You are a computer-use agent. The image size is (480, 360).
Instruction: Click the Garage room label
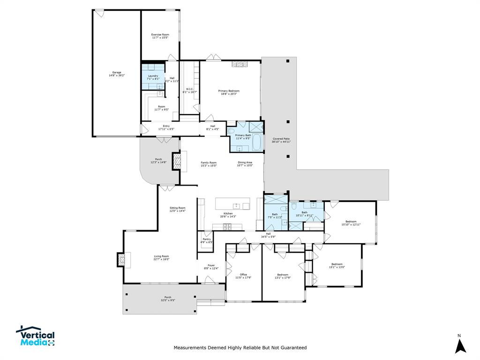coord(116,74)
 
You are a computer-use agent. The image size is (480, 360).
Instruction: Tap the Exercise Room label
coord(160,36)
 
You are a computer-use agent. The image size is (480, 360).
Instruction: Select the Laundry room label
coord(153,77)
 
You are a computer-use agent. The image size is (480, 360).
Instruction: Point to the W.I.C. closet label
coord(190,90)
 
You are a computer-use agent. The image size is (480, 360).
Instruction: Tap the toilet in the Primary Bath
coord(232,131)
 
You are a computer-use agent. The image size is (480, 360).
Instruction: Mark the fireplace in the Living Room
coord(121,260)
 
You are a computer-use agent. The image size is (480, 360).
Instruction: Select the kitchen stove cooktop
coord(227,227)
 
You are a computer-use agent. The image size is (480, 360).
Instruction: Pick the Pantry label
coord(206,240)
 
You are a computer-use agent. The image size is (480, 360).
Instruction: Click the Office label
coord(243,276)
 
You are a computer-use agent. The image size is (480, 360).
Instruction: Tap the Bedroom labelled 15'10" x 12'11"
coord(351,223)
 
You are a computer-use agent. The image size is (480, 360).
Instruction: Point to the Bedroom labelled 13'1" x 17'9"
coord(283,276)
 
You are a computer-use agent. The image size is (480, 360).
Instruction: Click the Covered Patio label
coord(281,140)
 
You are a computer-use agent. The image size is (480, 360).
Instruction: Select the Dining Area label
coord(245,164)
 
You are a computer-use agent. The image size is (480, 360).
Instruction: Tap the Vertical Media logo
coord(36,337)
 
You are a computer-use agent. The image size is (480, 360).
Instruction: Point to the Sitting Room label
coord(177,209)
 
